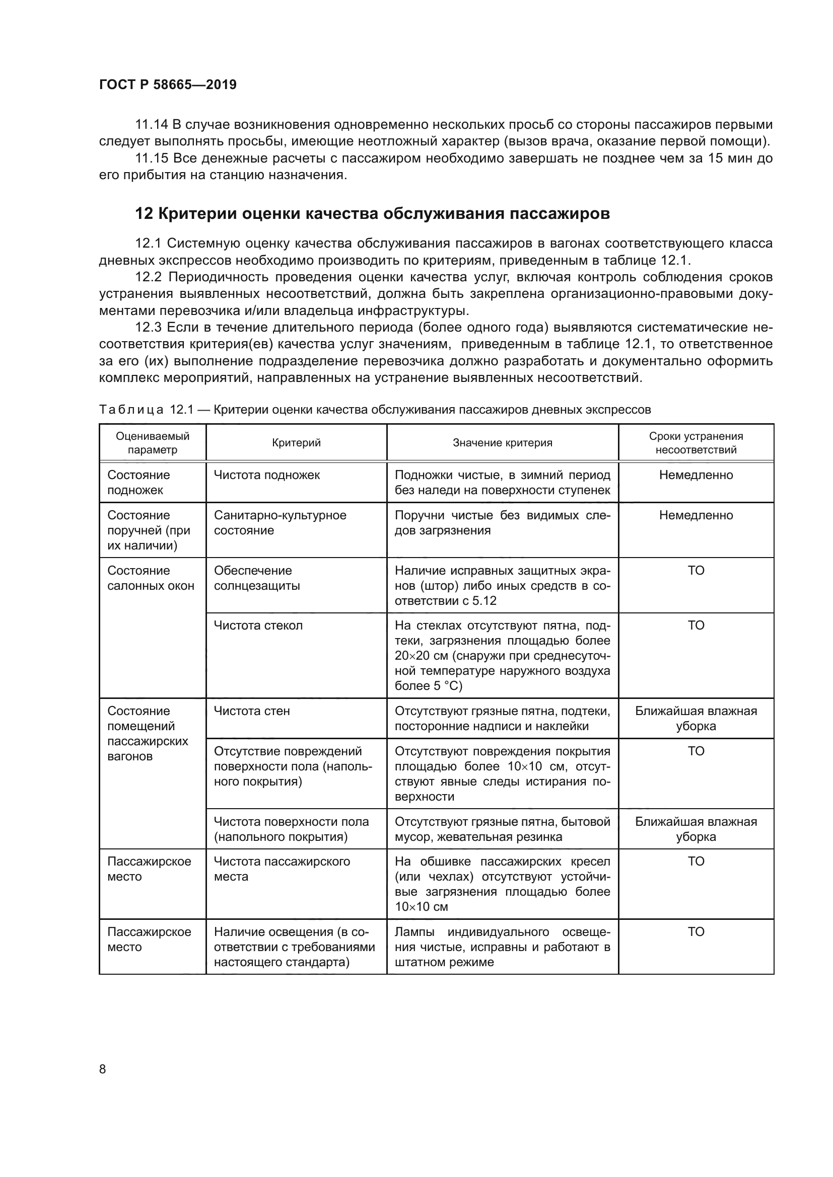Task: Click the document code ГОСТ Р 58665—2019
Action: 168,85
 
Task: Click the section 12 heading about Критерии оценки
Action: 372,213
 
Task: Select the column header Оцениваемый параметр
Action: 152,442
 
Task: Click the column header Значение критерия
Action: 502,443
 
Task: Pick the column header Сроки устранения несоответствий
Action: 696,442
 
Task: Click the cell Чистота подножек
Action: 267,475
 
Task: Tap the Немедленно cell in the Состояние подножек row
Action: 696,475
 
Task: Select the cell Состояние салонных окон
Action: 151,578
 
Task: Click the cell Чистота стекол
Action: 258,625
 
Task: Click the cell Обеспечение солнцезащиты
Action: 256,578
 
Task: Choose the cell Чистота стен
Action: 251,711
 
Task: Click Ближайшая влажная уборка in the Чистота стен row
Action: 696,718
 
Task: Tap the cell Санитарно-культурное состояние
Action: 280,522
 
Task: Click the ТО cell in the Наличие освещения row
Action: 696,931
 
